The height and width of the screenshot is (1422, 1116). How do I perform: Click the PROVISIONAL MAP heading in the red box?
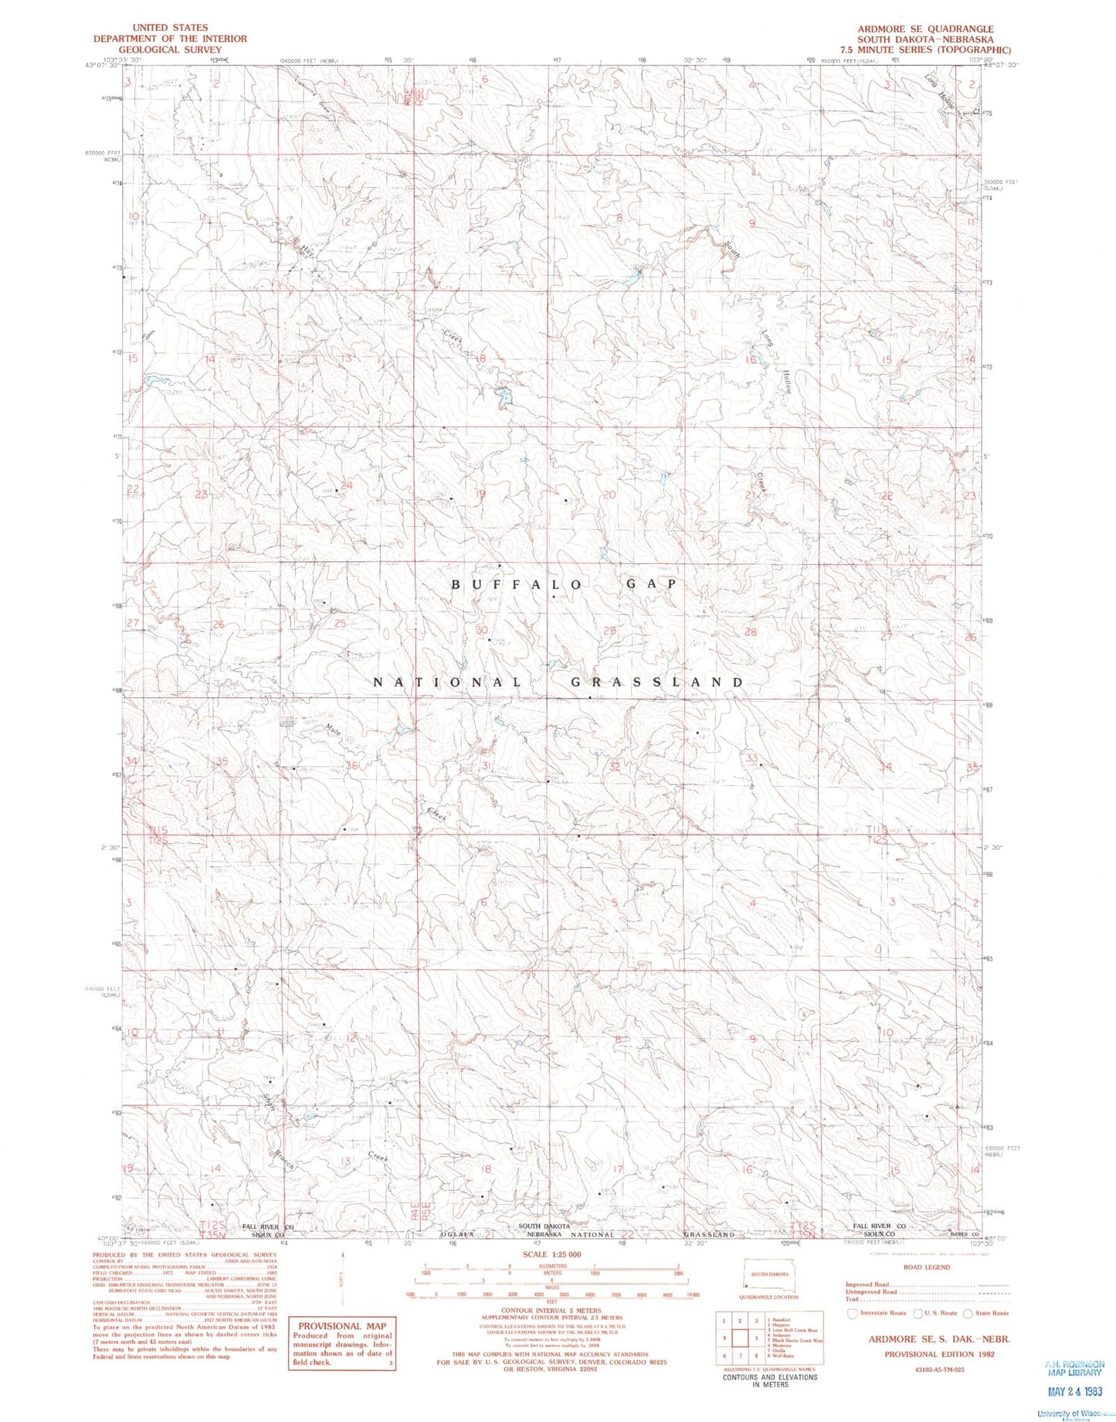(x=341, y=1325)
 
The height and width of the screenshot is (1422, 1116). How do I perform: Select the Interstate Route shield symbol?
(x=852, y=1313)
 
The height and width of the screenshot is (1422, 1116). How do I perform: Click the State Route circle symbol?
(x=968, y=1313)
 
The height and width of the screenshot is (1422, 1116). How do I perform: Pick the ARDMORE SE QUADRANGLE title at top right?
(x=924, y=29)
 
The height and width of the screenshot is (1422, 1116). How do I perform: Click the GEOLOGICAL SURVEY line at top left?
(x=170, y=49)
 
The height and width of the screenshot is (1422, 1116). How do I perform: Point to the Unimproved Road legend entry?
(x=873, y=1291)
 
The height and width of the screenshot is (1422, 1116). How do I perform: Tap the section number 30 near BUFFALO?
(x=481, y=631)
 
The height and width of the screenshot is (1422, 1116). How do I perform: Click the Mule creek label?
(x=333, y=730)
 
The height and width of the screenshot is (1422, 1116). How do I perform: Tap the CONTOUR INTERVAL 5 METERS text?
(x=551, y=1311)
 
